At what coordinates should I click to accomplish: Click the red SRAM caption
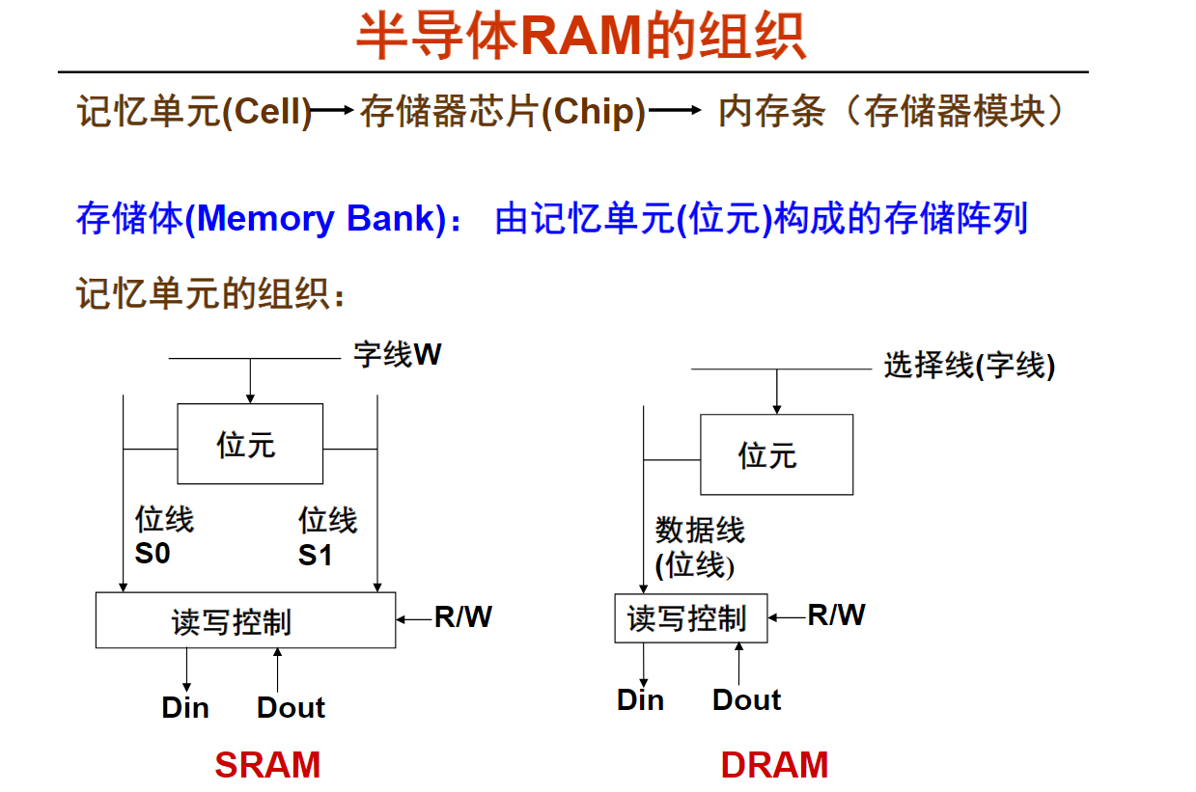267,764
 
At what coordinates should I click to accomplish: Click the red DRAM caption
774,764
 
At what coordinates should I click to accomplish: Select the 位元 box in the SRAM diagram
250,444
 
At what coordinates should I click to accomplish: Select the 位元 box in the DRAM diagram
777,454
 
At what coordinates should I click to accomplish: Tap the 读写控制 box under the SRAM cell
245,619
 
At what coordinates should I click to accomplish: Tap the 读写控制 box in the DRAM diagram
691,618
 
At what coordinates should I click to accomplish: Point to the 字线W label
398,354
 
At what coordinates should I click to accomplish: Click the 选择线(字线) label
969,366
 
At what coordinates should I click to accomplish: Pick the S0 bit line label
153,553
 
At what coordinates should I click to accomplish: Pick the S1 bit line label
315,555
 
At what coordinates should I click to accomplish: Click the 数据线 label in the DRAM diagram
700,530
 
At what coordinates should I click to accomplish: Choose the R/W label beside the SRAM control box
463,617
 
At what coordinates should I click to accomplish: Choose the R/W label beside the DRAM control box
836,614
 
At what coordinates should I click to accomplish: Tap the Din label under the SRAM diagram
185,707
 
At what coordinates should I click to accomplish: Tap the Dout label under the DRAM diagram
746,699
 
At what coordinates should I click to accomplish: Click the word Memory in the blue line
265,219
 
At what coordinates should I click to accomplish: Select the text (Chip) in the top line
594,112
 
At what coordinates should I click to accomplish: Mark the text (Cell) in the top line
266,112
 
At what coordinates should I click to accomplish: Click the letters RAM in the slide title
581,37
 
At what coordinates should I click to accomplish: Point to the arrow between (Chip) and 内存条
674,111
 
